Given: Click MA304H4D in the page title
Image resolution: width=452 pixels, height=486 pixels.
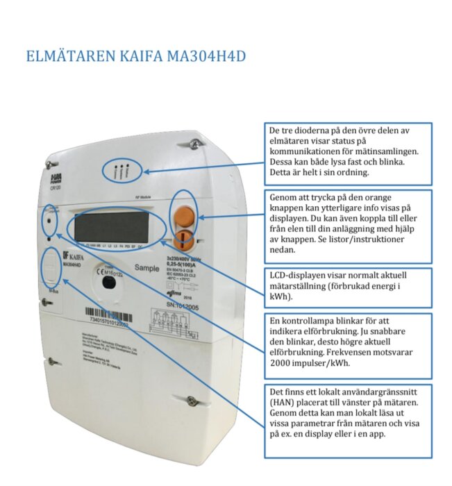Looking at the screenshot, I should (x=206, y=56).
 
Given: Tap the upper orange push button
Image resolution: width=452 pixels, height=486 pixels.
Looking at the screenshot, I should (x=184, y=212).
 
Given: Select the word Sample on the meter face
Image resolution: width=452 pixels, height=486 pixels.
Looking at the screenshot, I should (x=147, y=267).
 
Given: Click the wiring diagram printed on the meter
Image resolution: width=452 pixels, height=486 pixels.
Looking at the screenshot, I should (x=176, y=322).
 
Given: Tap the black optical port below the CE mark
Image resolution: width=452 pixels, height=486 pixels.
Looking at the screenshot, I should (x=107, y=281).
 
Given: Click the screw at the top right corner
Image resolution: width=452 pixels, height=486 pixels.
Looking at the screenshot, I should (x=196, y=143).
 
